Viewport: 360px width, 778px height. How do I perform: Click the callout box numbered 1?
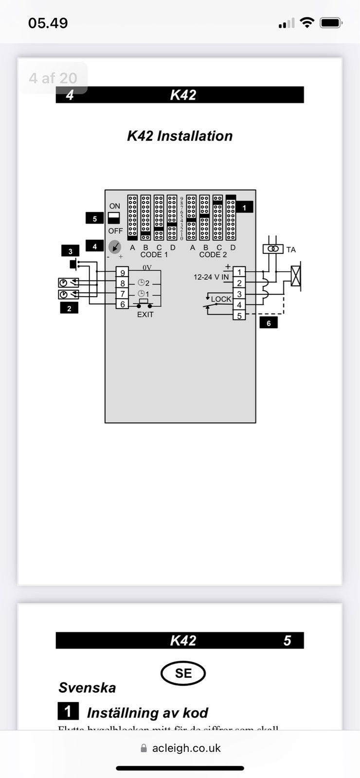point(244,208)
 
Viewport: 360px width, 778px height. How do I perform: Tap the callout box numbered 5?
point(94,219)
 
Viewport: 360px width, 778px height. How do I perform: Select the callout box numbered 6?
point(269,323)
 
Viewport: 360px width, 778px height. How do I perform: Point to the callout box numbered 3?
point(71,251)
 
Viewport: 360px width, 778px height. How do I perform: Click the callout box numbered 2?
point(69,308)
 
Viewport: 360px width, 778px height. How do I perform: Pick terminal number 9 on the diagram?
point(123,273)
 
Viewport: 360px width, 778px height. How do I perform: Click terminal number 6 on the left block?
point(123,304)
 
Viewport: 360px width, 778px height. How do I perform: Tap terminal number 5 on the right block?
point(239,316)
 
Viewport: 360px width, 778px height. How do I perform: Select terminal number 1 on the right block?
point(239,272)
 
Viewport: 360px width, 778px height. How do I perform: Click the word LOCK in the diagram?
point(221,299)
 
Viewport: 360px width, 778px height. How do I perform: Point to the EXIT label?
point(145,315)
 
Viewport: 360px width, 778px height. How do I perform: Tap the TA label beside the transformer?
point(291,250)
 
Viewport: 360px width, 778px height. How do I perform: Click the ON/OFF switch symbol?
point(114,217)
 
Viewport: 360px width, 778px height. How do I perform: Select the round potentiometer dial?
point(114,247)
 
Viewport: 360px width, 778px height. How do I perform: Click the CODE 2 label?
point(213,255)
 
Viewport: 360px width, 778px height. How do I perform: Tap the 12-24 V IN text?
point(211,277)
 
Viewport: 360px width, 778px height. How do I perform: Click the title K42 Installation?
point(180,136)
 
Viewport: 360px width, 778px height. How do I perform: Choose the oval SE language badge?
point(183,673)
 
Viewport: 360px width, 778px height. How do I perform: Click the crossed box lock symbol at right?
point(295,277)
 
